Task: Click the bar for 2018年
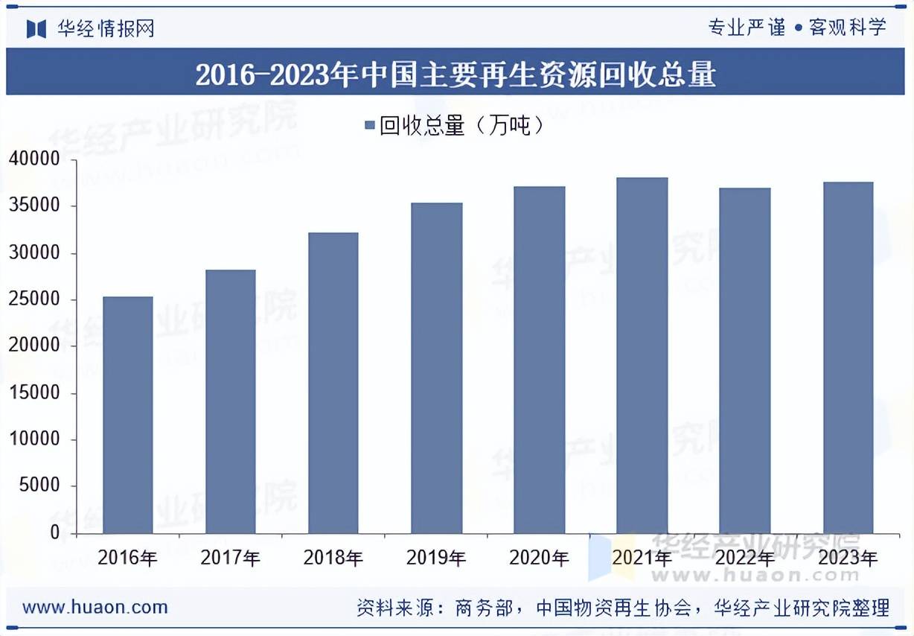tap(333, 383)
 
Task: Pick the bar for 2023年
tap(848, 357)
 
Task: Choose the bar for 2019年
tap(436, 368)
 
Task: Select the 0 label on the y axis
tap(54, 533)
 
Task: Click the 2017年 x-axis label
tap(230, 558)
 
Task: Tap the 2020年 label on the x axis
tap(539, 558)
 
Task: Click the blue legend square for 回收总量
tap(369, 126)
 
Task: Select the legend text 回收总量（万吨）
tap(461, 126)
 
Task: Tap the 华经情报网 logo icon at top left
tap(36, 28)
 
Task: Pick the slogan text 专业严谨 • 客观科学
tap(797, 28)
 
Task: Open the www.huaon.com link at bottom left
tap(95, 607)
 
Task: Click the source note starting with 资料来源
tap(623, 608)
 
